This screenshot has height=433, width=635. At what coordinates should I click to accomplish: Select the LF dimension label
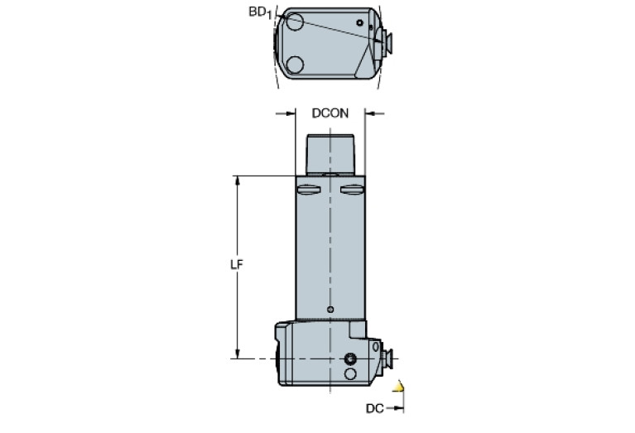pyautogui.click(x=235, y=265)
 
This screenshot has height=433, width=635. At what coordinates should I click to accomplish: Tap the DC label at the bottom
pyautogui.click(x=375, y=408)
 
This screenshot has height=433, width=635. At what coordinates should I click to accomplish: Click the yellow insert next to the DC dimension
pyautogui.click(x=401, y=386)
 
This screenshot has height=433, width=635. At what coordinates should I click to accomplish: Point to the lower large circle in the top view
pyautogui.click(x=293, y=64)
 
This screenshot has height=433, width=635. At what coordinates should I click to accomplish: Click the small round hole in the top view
pyautogui.click(x=359, y=22)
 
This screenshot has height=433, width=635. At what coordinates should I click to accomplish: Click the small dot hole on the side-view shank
pyautogui.click(x=330, y=310)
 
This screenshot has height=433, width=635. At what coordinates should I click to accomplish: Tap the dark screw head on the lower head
pyautogui.click(x=350, y=358)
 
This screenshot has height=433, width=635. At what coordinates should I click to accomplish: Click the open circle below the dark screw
pyautogui.click(x=350, y=375)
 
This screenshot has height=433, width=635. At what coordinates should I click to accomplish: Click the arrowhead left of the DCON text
pyautogui.click(x=291, y=113)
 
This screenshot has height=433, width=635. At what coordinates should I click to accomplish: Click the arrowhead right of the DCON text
pyautogui.click(x=370, y=113)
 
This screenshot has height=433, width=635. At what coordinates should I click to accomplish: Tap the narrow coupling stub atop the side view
pyautogui.click(x=330, y=154)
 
